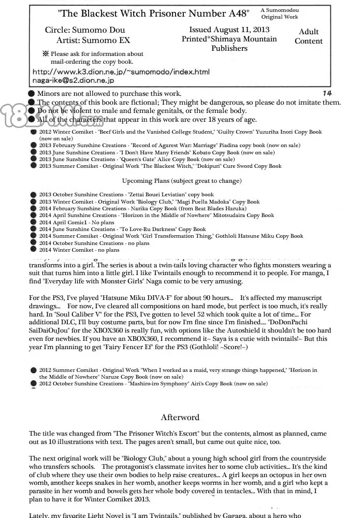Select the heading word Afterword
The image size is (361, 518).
click(x=180, y=417)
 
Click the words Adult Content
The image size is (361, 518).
click(x=309, y=36)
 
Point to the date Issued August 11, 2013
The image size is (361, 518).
click(x=229, y=30)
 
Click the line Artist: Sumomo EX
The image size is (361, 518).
click(x=93, y=40)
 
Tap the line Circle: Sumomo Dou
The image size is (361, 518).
click(x=86, y=31)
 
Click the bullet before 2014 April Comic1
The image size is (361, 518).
click(x=33, y=222)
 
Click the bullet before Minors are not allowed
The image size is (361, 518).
click(x=32, y=94)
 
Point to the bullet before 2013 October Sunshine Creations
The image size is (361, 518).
click(x=33, y=195)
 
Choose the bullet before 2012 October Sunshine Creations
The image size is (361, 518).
click(x=33, y=384)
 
